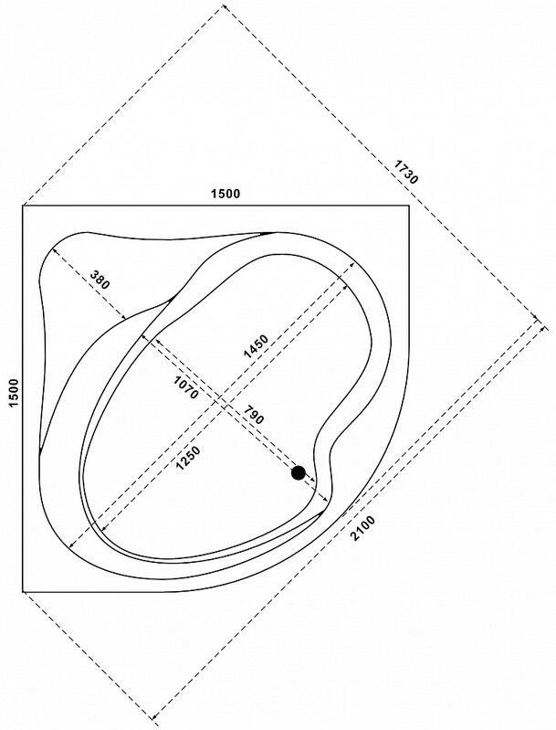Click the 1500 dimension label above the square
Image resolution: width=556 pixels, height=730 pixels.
click(x=226, y=193)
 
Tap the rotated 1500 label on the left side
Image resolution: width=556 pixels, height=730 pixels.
click(x=15, y=393)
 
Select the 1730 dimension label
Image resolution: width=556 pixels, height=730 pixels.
click(x=406, y=172)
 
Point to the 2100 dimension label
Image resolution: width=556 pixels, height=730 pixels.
click(x=362, y=528)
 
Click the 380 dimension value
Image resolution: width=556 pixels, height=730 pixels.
click(x=100, y=279)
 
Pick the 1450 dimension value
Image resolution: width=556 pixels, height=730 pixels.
click(x=256, y=346)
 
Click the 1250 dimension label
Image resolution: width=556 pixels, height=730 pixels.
click(x=188, y=458)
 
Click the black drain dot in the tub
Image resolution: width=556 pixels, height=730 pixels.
click(x=299, y=473)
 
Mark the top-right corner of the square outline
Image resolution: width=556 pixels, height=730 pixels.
click(x=409, y=206)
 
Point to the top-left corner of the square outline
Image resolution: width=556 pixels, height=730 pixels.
click(x=23, y=206)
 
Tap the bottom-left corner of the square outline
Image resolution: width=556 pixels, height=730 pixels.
click(x=23, y=592)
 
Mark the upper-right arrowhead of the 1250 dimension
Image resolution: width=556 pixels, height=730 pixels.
click(x=345, y=287)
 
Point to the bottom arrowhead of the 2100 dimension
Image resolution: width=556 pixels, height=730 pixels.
click(x=155, y=725)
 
